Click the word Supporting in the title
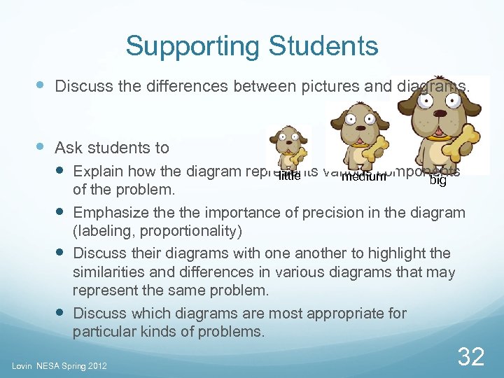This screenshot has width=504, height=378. tap(191, 47)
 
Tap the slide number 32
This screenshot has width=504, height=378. tap(470, 357)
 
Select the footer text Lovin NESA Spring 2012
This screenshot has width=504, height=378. tap(59, 366)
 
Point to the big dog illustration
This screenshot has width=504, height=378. tap(439, 119)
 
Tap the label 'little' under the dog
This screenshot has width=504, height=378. tap(289, 176)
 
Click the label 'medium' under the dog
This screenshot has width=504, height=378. tap(363, 176)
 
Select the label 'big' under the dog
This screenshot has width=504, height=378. tap(437, 181)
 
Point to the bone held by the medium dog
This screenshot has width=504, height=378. tap(377, 149)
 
